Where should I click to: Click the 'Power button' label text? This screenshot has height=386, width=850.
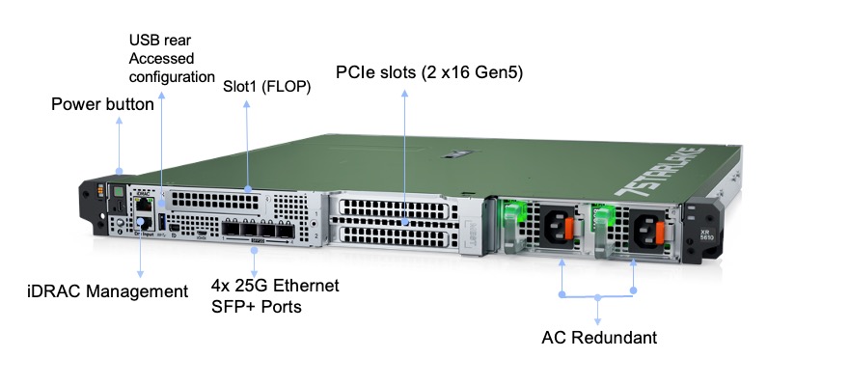pos(102,105)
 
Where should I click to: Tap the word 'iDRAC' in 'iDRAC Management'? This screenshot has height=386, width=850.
pos(49,290)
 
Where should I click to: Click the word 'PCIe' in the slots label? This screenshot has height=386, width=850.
pos(357,72)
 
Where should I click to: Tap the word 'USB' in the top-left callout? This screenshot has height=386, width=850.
pos(143,41)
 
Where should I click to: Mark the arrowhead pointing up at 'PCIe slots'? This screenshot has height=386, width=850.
pos(405,93)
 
